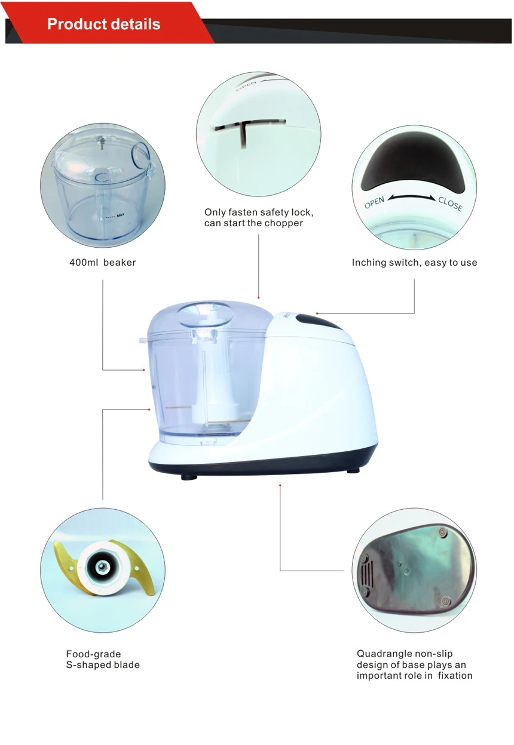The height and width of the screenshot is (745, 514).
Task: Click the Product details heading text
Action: click(103, 24)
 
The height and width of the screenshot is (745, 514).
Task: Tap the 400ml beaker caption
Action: click(102, 263)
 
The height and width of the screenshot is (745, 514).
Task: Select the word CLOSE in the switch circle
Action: click(450, 204)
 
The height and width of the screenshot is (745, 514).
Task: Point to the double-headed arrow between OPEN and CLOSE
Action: click(412, 198)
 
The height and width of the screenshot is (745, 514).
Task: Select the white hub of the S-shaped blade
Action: click(100, 564)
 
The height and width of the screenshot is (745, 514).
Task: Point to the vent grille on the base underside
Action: click(366, 575)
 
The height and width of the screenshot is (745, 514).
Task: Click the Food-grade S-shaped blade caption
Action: click(102, 660)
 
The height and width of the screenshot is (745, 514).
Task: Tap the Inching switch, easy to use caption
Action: click(414, 263)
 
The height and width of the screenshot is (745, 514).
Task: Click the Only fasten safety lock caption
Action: click(258, 218)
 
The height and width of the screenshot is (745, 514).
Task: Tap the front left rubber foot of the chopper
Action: click(190, 476)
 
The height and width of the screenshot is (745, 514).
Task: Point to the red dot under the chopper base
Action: click(280, 485)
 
